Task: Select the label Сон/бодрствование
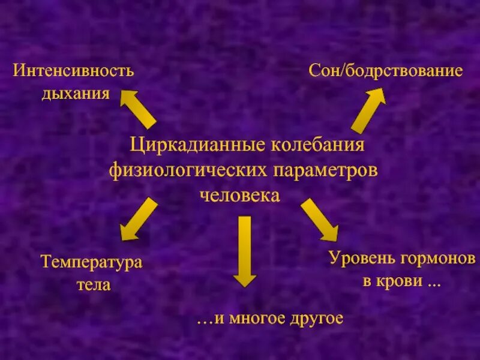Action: point(386,71)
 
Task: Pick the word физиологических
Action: point(187,170)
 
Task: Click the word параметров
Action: point(325,170)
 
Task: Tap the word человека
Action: point(239,196)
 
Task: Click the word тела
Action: point(94,284)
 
